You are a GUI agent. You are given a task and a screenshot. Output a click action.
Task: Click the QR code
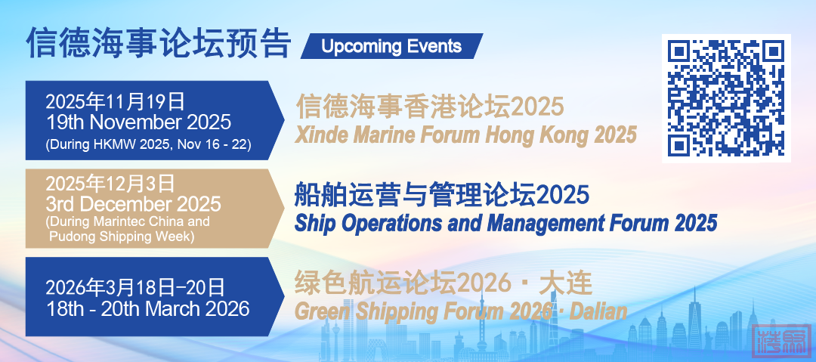point(726,98)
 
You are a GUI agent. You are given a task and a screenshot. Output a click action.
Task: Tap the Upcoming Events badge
point(391,46)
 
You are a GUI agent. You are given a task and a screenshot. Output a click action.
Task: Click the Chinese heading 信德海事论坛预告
point(158,43)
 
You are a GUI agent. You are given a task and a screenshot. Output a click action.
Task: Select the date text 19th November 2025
point(138,122)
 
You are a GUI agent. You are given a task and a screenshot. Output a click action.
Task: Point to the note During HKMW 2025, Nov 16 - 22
point(148,145)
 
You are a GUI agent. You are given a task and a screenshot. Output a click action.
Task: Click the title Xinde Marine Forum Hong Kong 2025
point(465,135)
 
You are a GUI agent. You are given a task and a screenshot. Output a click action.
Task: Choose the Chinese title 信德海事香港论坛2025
point(430,107)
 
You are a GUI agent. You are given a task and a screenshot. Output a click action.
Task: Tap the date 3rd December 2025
point(133,203)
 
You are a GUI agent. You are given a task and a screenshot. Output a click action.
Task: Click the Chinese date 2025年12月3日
point(110,184)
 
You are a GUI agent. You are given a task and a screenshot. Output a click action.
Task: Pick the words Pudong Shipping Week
point(122,237)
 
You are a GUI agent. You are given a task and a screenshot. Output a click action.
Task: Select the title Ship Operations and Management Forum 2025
point(505,223)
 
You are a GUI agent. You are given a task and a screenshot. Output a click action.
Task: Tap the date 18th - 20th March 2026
point(148,308)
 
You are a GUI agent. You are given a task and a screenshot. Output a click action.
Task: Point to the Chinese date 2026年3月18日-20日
point(135,287)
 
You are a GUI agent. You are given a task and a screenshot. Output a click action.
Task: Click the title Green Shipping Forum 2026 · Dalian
point(461,311)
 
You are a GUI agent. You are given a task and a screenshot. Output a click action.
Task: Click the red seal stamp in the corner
point(782,340)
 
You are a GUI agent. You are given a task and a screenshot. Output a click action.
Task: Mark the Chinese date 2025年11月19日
point(115,101)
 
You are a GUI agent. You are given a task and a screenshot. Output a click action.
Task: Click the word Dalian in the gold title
point(598,311)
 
